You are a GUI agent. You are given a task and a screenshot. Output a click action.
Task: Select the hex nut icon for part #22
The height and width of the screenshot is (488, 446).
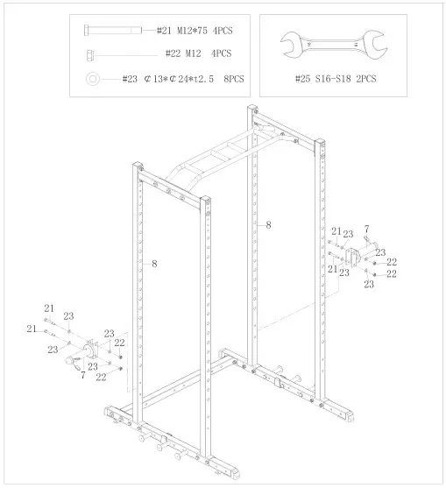click(x=92, y=54)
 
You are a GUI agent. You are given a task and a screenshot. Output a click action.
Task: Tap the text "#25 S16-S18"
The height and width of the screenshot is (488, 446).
click(x=324, y=79)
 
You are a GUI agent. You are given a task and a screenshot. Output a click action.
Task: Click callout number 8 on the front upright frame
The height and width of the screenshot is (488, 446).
click(x=154, y=262)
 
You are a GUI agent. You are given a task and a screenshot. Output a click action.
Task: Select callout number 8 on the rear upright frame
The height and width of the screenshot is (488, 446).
click(x=268, y=225)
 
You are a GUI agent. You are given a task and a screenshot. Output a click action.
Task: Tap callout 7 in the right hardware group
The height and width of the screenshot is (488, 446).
click(x=366, y=230)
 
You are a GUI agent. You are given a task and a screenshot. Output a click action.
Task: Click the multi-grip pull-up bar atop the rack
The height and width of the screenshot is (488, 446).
click(x=219, y=158)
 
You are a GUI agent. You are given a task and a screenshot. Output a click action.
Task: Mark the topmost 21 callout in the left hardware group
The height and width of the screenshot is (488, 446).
click(x=49, y=308)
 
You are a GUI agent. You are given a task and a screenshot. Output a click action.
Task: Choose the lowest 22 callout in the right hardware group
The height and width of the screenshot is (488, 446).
click(x=392, y=274)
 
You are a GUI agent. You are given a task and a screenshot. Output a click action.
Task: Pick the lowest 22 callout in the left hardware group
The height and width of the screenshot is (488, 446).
click(x=102, y=377)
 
